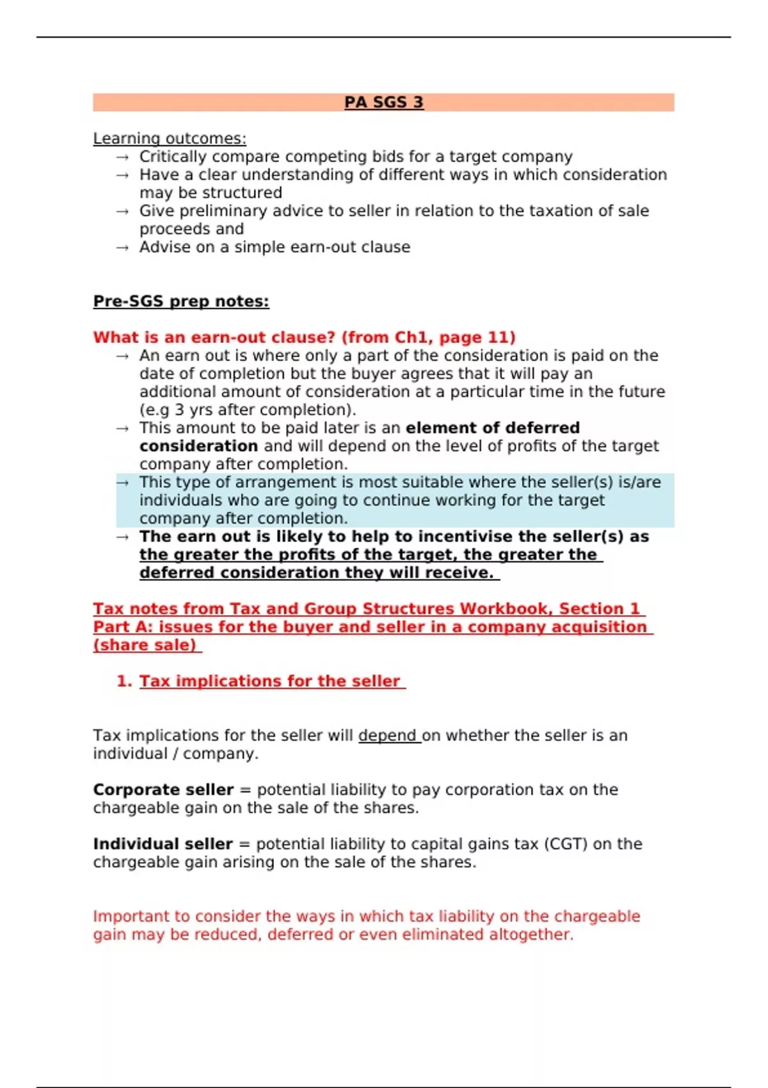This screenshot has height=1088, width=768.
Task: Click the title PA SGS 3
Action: [383, 102]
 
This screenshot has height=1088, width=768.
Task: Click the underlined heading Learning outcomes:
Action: [170, 138]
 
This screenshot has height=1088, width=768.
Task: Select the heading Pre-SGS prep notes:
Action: [181, 301]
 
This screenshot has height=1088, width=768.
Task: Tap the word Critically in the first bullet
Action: [173, 157]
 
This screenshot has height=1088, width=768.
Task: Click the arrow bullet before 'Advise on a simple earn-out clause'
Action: [122, 248]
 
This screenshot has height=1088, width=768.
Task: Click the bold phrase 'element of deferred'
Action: [492, 428]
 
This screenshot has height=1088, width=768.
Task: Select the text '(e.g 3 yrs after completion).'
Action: [248, 410]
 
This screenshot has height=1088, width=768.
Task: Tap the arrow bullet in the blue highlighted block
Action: [122, 483]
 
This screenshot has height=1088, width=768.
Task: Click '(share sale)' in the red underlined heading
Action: [145, 645]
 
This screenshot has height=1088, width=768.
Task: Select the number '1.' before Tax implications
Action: [124, 681]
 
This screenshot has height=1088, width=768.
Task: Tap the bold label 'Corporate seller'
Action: [163, 790]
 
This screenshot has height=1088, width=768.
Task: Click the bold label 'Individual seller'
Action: [163, 844]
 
